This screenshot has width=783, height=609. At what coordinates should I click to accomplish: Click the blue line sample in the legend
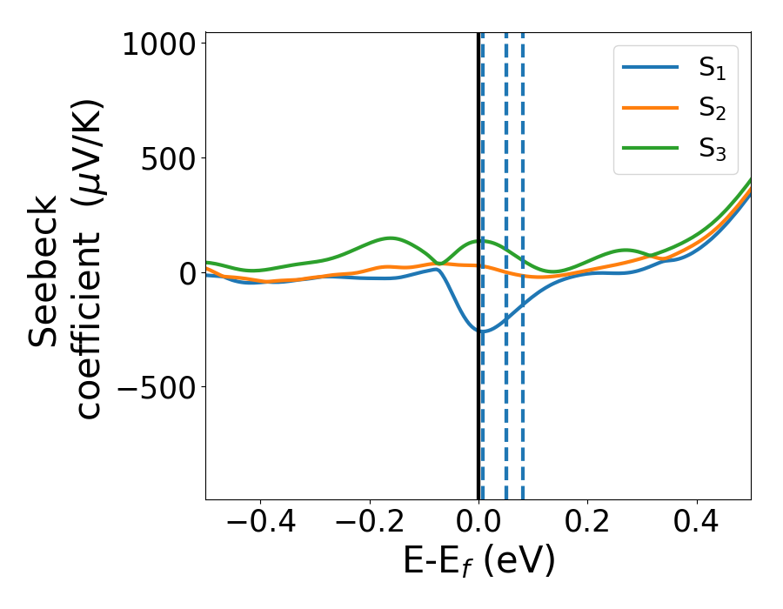[651, 69]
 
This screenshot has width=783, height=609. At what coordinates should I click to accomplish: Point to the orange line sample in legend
[651, 109]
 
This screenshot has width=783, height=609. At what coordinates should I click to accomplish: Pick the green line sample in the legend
[651, 149]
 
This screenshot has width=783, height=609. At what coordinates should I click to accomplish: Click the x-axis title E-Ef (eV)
[478, 562]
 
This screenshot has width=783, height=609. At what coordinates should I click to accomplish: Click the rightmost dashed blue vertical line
[523, 391]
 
